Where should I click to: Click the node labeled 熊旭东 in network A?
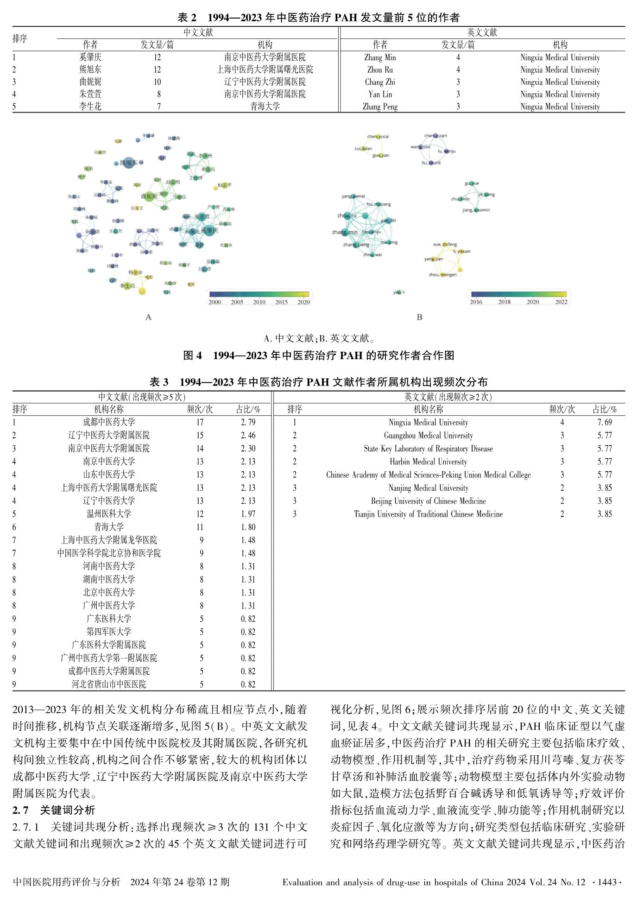(128, 163)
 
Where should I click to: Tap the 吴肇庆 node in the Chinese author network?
(208, 230)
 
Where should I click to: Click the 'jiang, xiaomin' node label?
(476, 210)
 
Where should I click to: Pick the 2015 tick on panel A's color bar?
(281, 302)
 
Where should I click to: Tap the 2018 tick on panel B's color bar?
(504, 302)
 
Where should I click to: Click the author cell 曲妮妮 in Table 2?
(90, 82)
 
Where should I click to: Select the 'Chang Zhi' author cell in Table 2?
(380, 82)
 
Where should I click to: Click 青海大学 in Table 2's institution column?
(265, 106)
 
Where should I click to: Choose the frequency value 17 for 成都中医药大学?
(200, 422)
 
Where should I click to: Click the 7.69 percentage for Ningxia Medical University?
(605, 422)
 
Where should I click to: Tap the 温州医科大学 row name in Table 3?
(109, 514)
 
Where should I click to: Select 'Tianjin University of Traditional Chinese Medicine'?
(428, 514)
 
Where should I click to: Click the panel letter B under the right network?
(419, 317)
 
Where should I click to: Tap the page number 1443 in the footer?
(607, 882)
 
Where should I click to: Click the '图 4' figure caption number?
(193, 355)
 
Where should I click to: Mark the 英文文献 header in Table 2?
(482, 32)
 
